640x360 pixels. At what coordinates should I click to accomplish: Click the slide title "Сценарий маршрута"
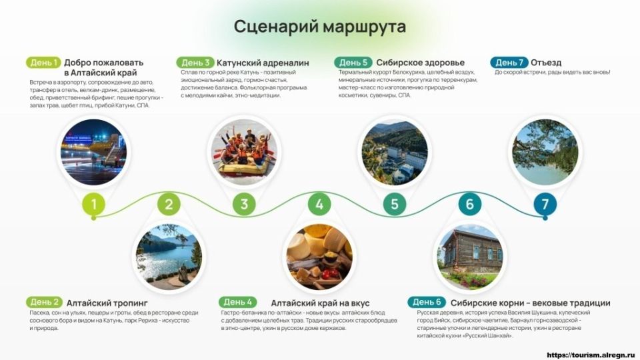319,27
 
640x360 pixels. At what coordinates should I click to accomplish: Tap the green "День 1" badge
43,63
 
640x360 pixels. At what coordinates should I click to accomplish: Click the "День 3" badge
195,63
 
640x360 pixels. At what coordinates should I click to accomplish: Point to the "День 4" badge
238,302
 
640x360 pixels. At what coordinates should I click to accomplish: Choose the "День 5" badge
352,63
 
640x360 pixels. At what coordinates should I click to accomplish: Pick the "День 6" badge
427,302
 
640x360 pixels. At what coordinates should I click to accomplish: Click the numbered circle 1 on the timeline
94,205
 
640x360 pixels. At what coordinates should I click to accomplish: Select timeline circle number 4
319,205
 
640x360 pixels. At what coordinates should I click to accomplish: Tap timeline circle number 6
469,205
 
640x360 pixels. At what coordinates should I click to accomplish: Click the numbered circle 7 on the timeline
545,205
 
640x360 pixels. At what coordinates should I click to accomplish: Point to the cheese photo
319,257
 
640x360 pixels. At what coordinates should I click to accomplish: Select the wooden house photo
469,257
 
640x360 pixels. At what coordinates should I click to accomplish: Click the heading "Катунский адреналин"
263,63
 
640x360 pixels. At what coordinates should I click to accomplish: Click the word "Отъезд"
546,63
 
